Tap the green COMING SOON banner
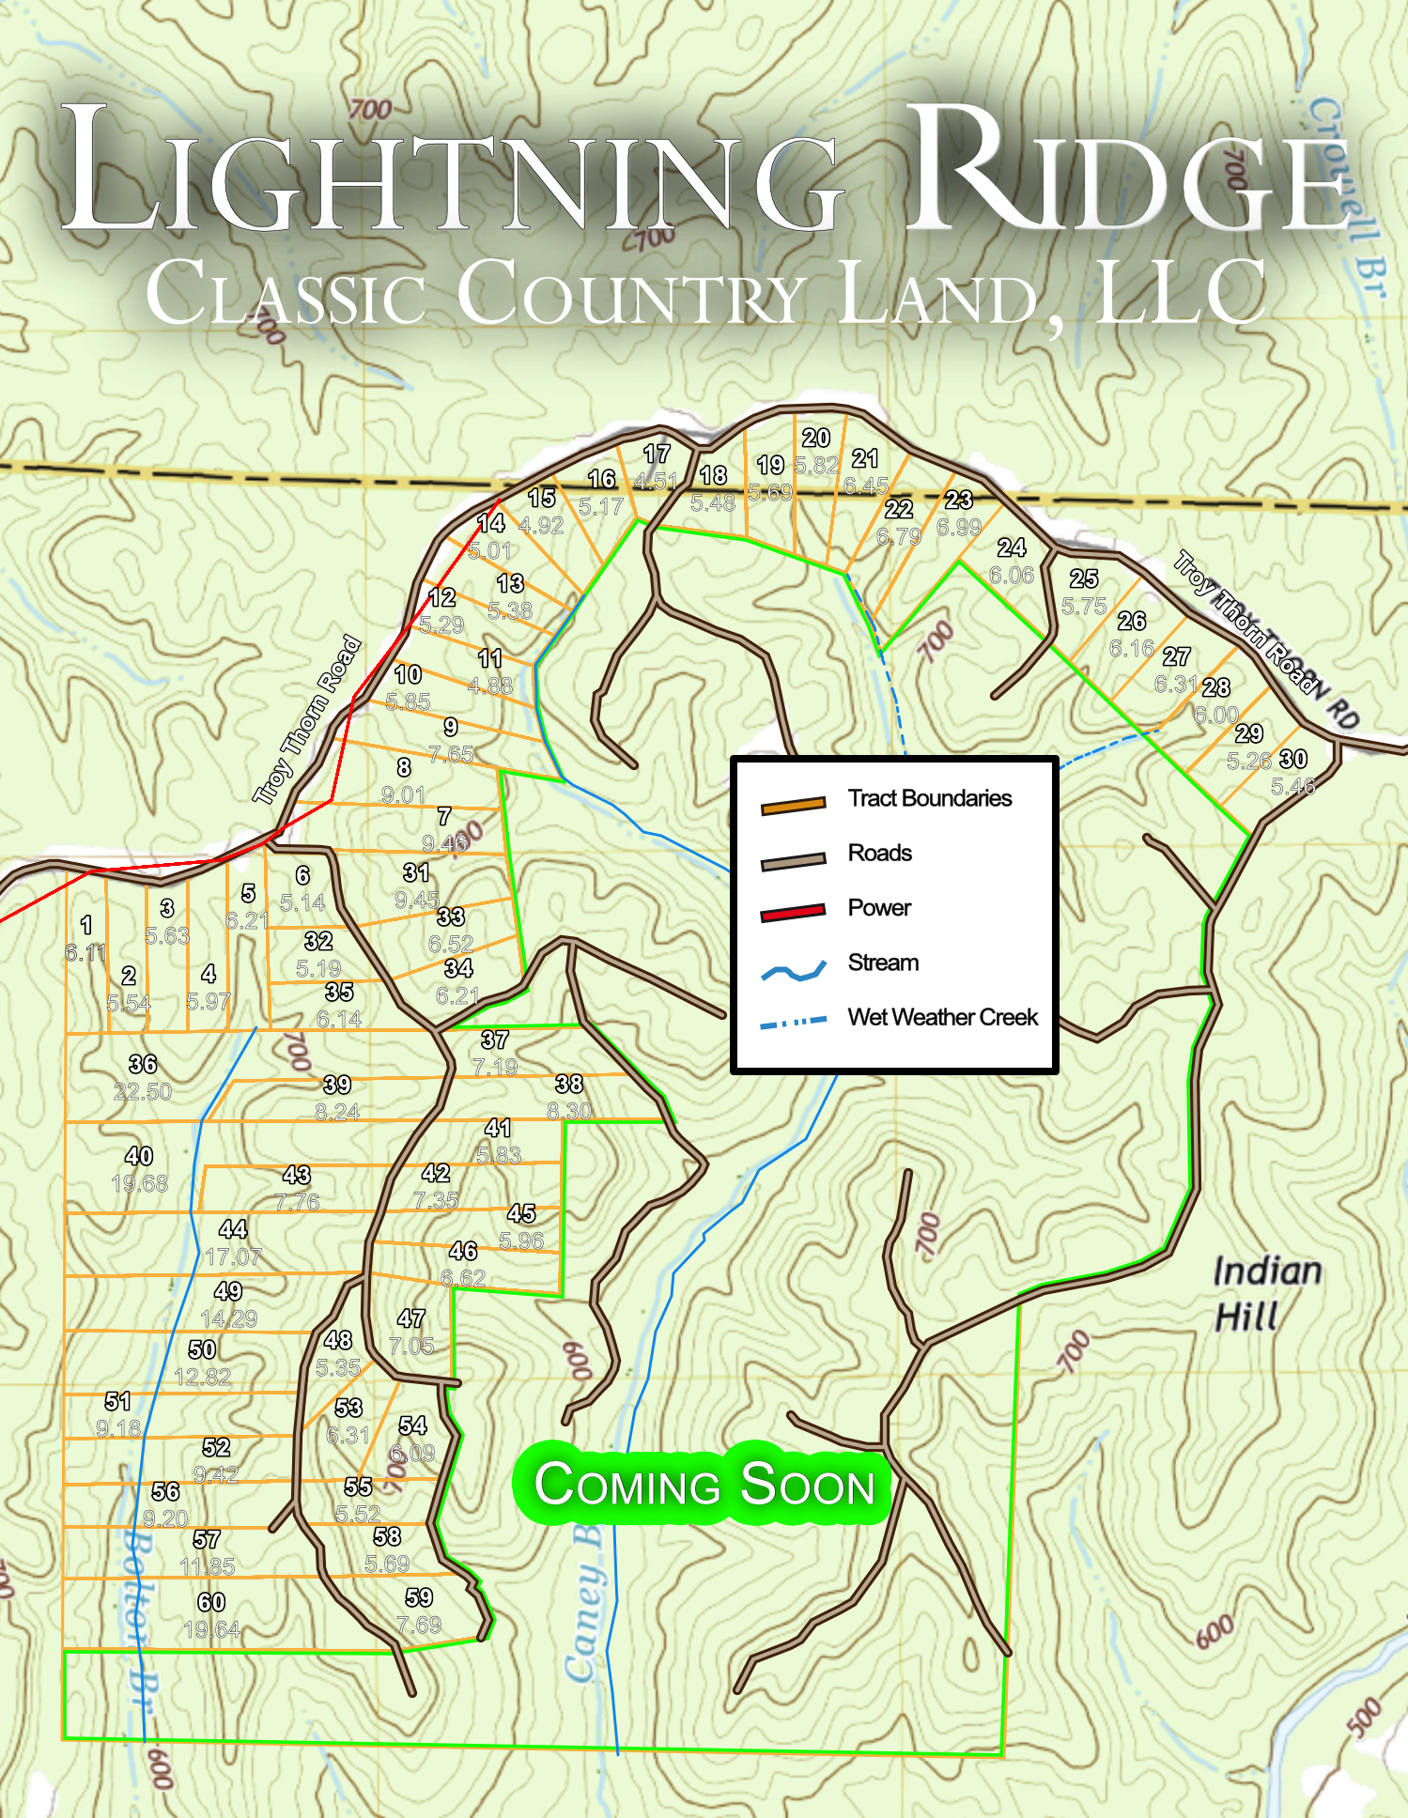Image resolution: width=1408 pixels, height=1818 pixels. tap(704, 1485)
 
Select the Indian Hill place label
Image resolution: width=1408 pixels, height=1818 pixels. tap(1266, 1293)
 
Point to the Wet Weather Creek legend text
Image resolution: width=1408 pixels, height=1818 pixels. tap(942, 1018)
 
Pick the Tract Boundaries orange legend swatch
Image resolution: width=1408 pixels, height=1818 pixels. tap(793, 804)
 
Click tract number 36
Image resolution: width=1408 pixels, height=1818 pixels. tap(143, 1064)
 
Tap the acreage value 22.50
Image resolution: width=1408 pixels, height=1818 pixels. tap(143, 1092)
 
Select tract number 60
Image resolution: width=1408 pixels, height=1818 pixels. tap(211, 1602)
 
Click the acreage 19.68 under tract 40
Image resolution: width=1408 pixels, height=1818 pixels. tap(139, 1184)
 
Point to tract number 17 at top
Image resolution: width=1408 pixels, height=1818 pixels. tap(657, 454)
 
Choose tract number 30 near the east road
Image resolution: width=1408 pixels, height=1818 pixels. tap(1293, 759)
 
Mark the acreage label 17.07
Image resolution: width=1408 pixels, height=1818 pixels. tap(233, 1257)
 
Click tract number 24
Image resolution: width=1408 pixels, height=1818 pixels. tap(1012, 547)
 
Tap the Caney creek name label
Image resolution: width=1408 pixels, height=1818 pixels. tap(584, 1606)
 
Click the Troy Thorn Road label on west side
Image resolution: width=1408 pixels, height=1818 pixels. tap(307, 720)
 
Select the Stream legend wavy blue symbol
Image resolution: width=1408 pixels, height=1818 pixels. tap(793, 971)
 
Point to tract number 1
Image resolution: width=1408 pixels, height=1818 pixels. tap(86, 925)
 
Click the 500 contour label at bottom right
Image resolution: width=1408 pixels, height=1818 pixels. tap(1364, 1717)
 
